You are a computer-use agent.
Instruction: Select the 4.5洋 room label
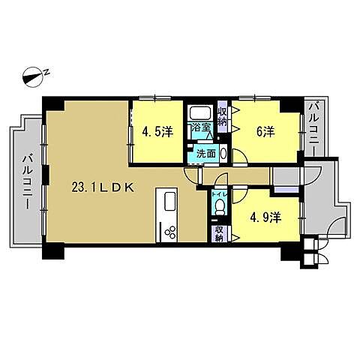pyautogui.click(x=157, y=132)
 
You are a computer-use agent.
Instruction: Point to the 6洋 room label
pyautogui.click(x=265, y=132)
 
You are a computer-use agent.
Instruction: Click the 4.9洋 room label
pyautogui.click(x=265, y=217)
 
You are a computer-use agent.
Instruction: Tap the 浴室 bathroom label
pyautogui.click(x=200, y=128)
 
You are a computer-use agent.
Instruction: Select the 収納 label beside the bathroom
pyautogui.click(x=223, y=116)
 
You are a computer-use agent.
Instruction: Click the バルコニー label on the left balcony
pyautogui.click(x=26, y=181)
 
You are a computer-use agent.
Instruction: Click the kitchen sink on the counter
pyautogui.click(x=168, y=202)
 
